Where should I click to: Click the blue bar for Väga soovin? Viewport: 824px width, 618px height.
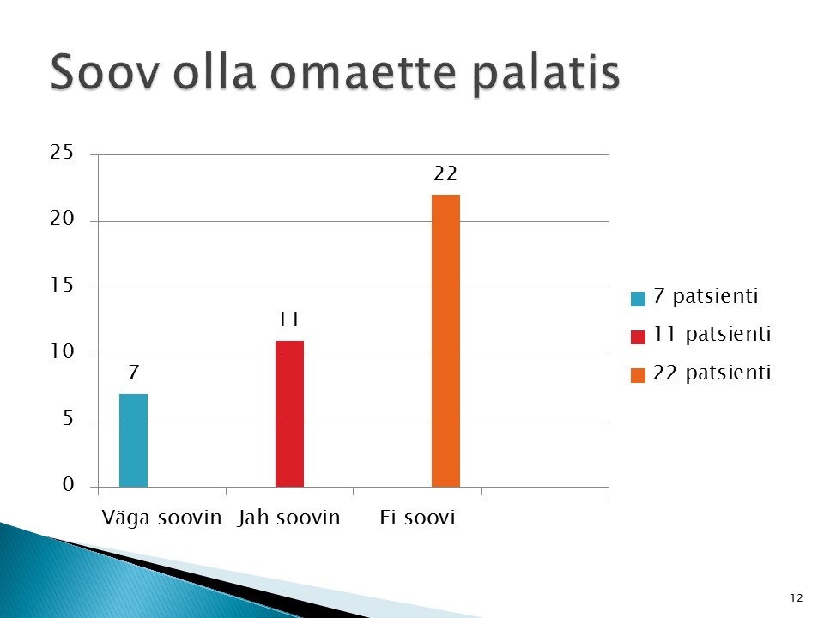click(134, 440)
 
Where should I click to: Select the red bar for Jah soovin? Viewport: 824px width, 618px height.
click(289, 414)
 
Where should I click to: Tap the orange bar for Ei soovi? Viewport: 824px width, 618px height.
click(445, 341)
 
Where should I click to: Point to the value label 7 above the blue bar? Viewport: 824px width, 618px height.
click(134, 372)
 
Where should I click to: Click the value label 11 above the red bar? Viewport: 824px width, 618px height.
click(288, 319)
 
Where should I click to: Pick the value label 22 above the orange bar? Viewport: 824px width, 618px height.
click(445, 173)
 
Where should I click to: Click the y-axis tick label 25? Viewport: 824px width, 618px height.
click(62, 153)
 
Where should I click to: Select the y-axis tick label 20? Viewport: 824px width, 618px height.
click(62, 219)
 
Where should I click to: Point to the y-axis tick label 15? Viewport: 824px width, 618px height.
click(62, 285)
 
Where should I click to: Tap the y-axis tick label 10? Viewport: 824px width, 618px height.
click(63, 352)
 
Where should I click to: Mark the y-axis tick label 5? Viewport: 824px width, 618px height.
click(68, 418)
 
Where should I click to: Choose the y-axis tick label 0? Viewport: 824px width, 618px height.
click(68, 484)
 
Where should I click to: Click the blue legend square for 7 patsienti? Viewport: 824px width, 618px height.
click(638, 299)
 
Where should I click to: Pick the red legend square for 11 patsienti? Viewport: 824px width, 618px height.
click(638, 336)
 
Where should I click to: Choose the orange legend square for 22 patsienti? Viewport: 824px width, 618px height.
click(638, 375)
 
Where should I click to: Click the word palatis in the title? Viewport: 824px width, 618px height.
click(546, 74)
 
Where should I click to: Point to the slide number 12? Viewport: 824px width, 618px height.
click(797, 597)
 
